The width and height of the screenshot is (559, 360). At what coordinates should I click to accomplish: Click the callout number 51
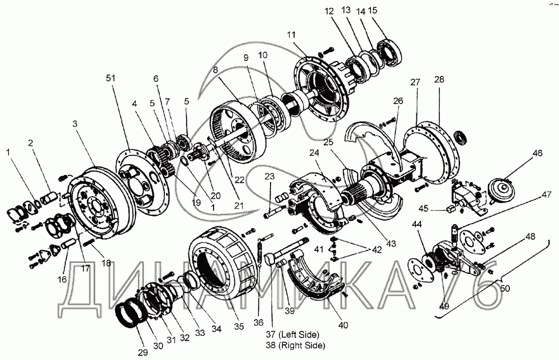(111, 78)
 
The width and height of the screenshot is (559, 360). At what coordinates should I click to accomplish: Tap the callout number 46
(537, 153)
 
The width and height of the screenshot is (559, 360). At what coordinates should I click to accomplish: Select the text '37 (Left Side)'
(292, 335)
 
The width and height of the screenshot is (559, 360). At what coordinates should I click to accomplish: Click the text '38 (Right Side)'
(295, 345)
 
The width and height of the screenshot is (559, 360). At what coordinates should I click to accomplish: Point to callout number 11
(291, 35)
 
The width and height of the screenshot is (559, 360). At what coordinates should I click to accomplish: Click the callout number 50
(505, 288)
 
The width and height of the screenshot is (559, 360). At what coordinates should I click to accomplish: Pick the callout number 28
(439, 79)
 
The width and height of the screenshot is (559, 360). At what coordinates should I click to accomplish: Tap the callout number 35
(239, 326)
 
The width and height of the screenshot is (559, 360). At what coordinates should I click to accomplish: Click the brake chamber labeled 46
(503, 191)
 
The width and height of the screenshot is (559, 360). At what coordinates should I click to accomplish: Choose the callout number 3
(74, 124)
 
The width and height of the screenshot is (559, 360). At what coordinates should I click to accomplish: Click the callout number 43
(391, 244)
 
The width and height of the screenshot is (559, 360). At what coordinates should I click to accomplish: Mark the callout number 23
(270, 176)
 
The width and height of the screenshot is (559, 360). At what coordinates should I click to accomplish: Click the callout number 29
(143, 353)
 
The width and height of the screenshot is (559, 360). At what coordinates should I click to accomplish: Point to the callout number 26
(398, 101)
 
